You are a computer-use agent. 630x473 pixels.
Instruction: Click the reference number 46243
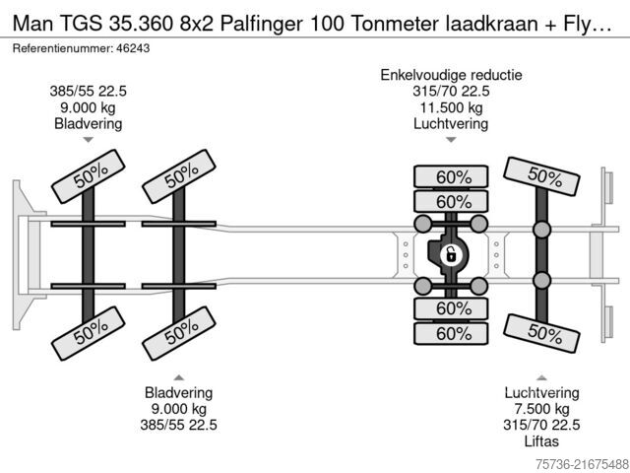[133, 48]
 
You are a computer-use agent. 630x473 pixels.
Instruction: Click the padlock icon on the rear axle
[451, 254]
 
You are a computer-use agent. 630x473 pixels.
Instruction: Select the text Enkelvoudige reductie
[451, 75]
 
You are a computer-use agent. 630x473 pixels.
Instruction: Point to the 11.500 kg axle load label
[451, 107]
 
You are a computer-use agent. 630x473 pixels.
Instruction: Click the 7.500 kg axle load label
[541, 409]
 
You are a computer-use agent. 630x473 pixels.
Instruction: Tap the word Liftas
[541, 441]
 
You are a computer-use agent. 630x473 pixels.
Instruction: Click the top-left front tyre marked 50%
[89, 176]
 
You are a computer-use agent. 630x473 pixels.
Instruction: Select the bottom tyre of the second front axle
[179, 333]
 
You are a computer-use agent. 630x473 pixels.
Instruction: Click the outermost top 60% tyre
[451, 176]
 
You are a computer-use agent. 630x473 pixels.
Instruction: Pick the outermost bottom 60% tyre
[451, 333]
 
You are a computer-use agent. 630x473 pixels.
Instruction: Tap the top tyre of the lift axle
[541, 176]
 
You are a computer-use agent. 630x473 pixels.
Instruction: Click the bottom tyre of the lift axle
[541, 333]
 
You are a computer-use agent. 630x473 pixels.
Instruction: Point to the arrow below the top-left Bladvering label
[88, 140]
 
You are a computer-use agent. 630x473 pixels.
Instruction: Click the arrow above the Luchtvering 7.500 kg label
[541, 377]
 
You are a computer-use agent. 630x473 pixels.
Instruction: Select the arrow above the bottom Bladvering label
[179, 377]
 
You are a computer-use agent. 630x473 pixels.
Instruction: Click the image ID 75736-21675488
[582, 464]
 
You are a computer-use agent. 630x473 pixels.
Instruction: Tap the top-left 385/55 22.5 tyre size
[88, 92]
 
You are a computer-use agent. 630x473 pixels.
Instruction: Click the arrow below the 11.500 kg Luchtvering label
[451, 140]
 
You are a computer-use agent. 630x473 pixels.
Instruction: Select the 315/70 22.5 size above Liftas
[541, 425]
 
